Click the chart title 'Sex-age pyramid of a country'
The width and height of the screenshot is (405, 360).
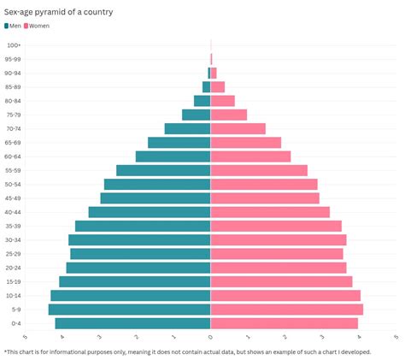pos(59,12)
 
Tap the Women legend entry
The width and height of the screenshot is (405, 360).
pos(38,27)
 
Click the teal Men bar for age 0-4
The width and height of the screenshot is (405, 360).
pos(132,323)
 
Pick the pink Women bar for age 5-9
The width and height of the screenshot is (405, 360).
pos(286,310)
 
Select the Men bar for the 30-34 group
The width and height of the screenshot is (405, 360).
pos(139,239)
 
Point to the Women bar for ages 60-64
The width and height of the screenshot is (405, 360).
pos(250,156)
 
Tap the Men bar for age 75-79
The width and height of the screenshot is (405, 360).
pos(196,115)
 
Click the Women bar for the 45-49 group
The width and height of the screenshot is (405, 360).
pos(265,198)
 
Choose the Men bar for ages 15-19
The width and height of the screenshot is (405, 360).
pos(134,281)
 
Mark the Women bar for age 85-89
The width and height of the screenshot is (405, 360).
pos(217,86)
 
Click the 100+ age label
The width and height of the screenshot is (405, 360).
pos(14,45)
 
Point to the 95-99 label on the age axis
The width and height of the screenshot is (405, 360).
pos(14,59)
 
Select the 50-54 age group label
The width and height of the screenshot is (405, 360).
pos(14,185)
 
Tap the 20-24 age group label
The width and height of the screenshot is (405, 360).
pos(14,268)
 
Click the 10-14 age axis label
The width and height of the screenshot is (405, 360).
pos(14,296)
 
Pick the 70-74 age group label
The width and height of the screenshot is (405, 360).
pos(14,129)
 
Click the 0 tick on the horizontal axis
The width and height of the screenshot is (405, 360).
pos(210,338)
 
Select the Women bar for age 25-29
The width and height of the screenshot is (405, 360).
pos(277,254)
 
